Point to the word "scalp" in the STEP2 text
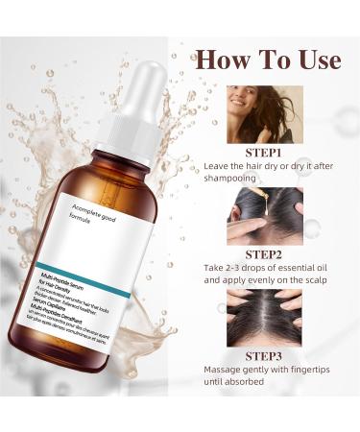312,286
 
